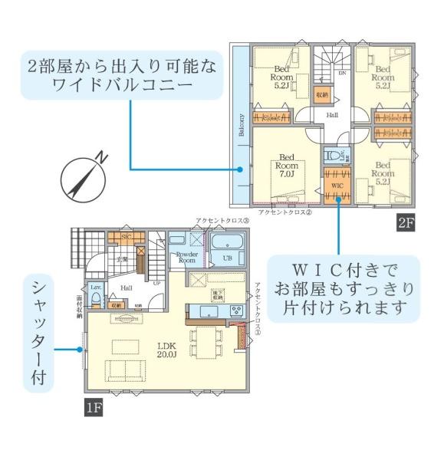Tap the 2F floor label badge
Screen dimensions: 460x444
406,223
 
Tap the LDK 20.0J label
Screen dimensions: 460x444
168,350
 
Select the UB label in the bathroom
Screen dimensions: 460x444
227,258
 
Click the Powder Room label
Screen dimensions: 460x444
187,258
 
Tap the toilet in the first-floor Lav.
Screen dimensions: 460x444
97,301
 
